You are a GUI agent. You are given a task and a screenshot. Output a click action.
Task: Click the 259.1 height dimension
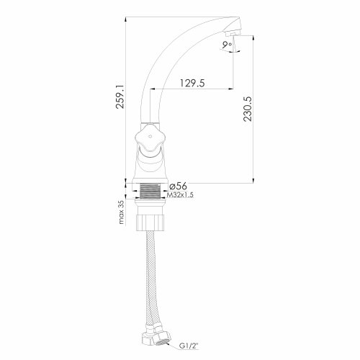pos(120,96)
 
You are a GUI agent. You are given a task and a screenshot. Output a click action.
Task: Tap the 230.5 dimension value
pos(248,109)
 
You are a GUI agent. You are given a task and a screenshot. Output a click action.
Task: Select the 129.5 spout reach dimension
pos(192,83)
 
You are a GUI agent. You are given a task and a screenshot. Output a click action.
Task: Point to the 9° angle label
pos(227,45)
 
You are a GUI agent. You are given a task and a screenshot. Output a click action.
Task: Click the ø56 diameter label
pos(178,186)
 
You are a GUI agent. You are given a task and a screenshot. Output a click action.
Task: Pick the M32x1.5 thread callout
pos(180,195)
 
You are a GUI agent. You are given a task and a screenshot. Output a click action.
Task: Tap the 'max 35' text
pos(122,212)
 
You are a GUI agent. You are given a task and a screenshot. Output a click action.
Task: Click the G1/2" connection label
pos(189,346)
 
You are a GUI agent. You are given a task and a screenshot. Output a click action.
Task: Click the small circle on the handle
pos(150,137)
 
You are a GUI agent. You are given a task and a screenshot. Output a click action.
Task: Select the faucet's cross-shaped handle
pos(149,138)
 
